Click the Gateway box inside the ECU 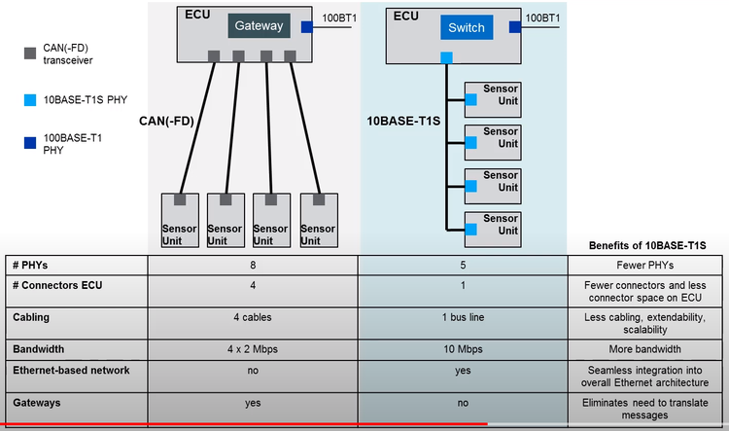(259, 26)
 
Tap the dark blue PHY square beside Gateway (307, 27)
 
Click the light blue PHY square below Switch (446, 58)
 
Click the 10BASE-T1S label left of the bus (403, 122)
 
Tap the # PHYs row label (32, 266)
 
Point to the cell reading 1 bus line (462, 317)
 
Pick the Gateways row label (39, 401)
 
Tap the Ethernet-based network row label (70, 371)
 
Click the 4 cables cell (253, 317)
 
